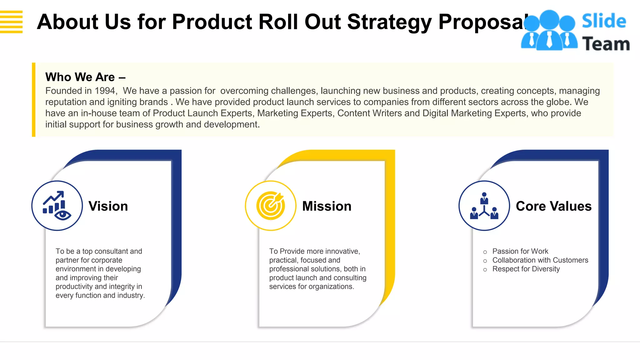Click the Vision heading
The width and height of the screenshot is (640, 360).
[108, 206]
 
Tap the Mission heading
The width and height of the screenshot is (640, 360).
[327, 206]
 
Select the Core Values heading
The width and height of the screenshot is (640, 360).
[553, 206]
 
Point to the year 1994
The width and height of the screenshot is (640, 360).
[105, 91]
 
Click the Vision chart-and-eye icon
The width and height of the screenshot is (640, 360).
[57, 206]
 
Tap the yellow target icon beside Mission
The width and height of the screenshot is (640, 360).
[271, 206]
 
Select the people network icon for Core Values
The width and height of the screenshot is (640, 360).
[484, 206]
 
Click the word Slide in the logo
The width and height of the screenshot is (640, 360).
[604, 21]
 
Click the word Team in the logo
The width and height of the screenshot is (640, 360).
[606, 44]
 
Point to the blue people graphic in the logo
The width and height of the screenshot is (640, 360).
[549, 31]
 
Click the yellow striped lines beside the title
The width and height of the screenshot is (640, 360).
[11, 22]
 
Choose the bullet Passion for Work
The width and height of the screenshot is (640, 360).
[520, 251]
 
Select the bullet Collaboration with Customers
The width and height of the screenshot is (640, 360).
[540, 260]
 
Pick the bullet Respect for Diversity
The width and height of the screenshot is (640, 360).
[526, 269]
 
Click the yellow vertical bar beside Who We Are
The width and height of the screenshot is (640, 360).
[34, 100]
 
